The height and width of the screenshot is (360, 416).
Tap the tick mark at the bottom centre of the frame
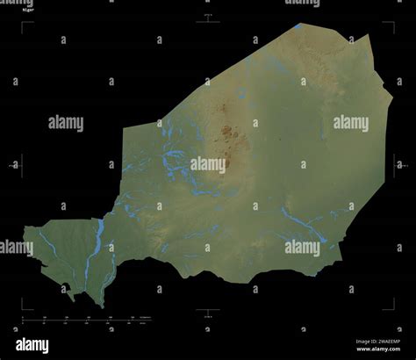click(x=208, y=309)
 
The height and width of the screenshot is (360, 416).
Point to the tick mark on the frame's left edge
click(x=21, y=164)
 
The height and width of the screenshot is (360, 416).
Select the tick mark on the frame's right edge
click(x=395, y=164)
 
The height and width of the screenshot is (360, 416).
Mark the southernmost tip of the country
click(x=103, y=306)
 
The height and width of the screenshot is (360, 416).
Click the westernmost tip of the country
click(x=25, y=230)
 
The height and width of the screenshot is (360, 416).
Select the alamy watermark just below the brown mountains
click(x=208, y=163)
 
